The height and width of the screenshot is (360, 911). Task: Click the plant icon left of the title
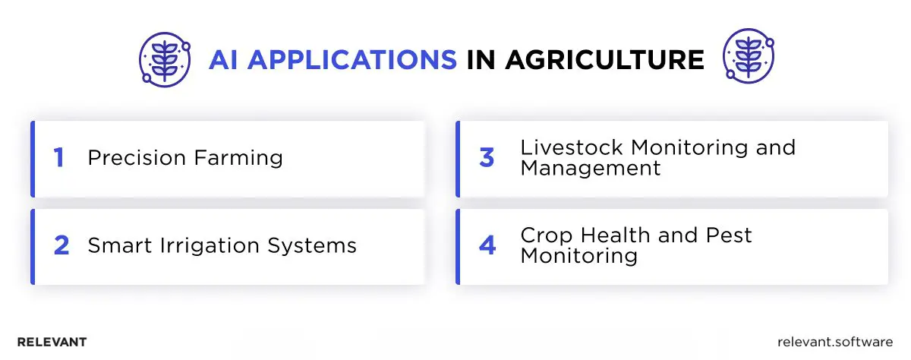click(162, 58)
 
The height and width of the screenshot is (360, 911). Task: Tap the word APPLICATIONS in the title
click(352, 60)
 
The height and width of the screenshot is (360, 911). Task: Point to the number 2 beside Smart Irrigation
click(61, 246)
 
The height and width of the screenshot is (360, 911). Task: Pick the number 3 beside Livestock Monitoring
click(487, 158)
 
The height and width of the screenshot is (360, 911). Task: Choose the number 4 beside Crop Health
click(487, 246)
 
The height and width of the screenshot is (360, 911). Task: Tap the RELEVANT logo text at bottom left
click(52, 343)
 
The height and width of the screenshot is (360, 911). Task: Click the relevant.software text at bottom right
click(835, 343)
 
